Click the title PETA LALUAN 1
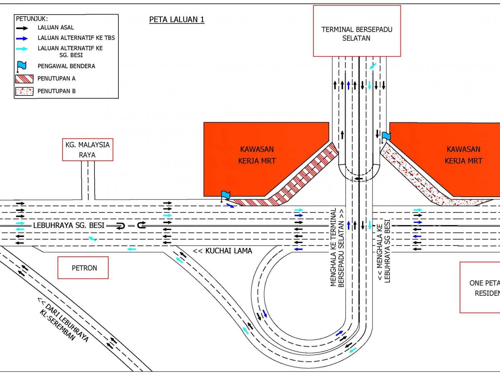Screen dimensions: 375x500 click(x=177, y=20)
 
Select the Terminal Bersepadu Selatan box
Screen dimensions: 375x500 click(x=357, y=31)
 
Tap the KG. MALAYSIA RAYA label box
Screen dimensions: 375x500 click(x=87, y=150)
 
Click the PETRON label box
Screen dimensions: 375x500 click(x=83, y=267)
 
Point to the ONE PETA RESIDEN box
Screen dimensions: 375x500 click(x=480, y=287)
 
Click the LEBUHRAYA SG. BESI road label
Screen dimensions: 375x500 click(x=68, y=225)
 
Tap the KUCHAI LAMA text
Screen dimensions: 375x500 click(x=222, y=251)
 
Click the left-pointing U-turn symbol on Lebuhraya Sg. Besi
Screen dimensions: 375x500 click(x=120, y=225)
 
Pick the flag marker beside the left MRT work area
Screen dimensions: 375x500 click(x=225, y=195)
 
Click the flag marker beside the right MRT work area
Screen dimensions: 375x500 click(x=386, y=136)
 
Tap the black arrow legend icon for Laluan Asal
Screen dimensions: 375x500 click(x=22, y=28)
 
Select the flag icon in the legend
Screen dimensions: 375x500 click(x=22, y=66)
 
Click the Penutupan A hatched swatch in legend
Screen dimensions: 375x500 click(x=24, y=78)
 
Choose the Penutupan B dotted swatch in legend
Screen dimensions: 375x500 click(x=24, y=91)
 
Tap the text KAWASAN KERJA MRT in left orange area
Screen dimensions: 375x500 click(x=257, y=155)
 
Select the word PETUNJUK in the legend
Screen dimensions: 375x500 click(x=32, y=19)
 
